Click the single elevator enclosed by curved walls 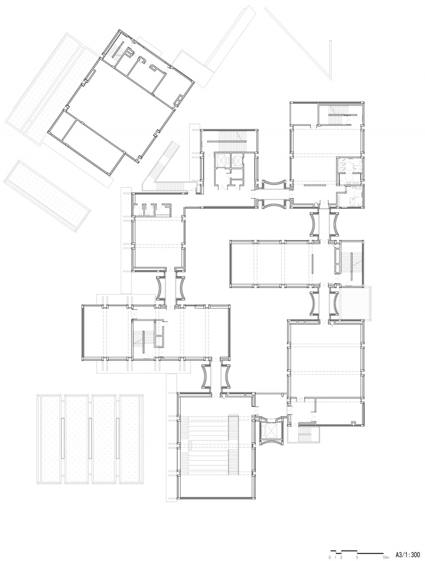[x=271, y=431]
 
